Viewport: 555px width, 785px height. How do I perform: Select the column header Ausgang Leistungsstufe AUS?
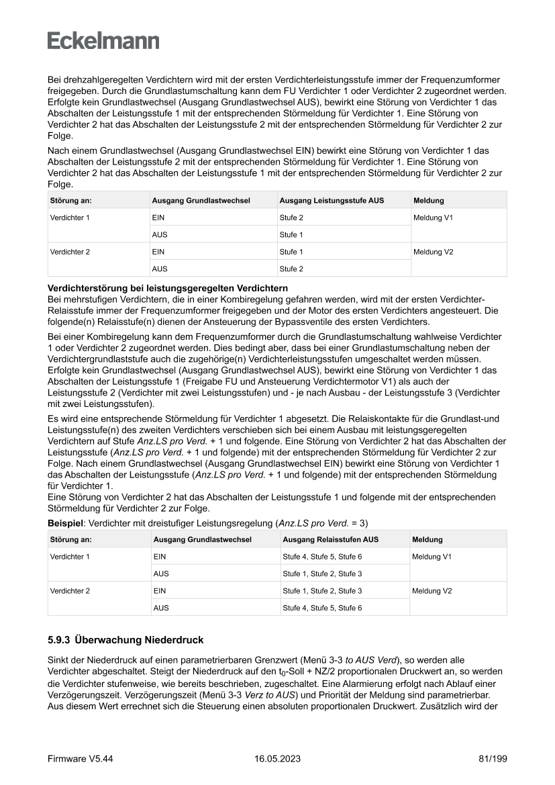pyautogui.click(x=332, y=201)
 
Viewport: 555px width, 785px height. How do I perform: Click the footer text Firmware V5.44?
pyautogui.click(x=80, y=758)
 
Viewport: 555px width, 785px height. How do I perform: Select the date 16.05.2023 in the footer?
pyautogui.click(x=277, y=758)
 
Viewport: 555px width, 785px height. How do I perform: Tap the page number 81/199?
pyautogui.click(x=487, y=758)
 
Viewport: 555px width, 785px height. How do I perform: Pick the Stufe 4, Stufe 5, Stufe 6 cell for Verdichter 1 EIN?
pyautogui.click(x=322, y=557)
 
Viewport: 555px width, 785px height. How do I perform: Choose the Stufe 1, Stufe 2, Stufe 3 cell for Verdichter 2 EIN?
pyautogui.click(x=322, y=591)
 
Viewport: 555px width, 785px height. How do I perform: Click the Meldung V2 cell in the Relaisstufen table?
pyautogui.click(x=432, y=591)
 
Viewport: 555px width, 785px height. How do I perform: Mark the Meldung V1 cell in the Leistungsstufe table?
pyautogui.click(x=434, y=218)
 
